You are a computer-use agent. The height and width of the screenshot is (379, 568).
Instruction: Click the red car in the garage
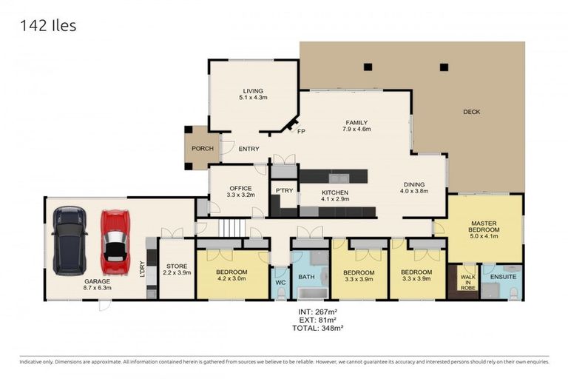(115, 241)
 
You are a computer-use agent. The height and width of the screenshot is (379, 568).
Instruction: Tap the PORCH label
(202, 148)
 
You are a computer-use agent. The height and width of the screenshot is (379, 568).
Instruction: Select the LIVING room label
(253, 93)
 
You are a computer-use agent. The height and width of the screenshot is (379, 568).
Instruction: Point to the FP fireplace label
(301, 131)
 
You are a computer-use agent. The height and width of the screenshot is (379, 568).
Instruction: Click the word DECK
(471, 113)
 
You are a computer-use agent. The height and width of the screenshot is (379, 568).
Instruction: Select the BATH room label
(306, 277)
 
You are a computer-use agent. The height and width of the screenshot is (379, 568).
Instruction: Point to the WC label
(280, 283)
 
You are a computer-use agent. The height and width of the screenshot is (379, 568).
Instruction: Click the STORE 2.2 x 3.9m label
(177, 269)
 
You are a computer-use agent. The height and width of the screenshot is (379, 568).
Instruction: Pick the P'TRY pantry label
(285, 190)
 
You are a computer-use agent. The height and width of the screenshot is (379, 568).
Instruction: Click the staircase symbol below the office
(233, 228)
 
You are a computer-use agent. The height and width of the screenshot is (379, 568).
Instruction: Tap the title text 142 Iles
(48, 26)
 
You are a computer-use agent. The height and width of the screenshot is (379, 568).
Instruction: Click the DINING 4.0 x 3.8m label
(414, 188)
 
